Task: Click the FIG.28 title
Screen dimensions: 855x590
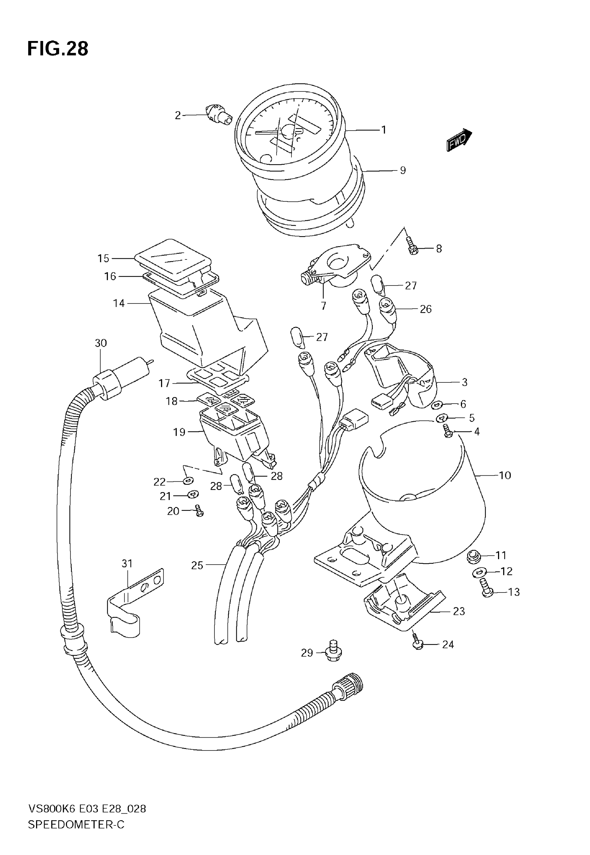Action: point(58,49)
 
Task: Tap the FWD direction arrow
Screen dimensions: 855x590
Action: point(459,141)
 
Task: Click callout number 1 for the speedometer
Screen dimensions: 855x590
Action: point(384,130)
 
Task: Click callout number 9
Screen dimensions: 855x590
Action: point(403,170)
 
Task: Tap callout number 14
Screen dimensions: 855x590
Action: point(119,303)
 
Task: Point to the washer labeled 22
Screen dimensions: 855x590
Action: point(188,481)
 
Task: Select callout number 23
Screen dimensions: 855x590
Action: point(459,611)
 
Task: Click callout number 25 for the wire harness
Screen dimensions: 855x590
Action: point(197,565)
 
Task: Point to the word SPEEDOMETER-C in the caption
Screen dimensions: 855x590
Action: point(76,835)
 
